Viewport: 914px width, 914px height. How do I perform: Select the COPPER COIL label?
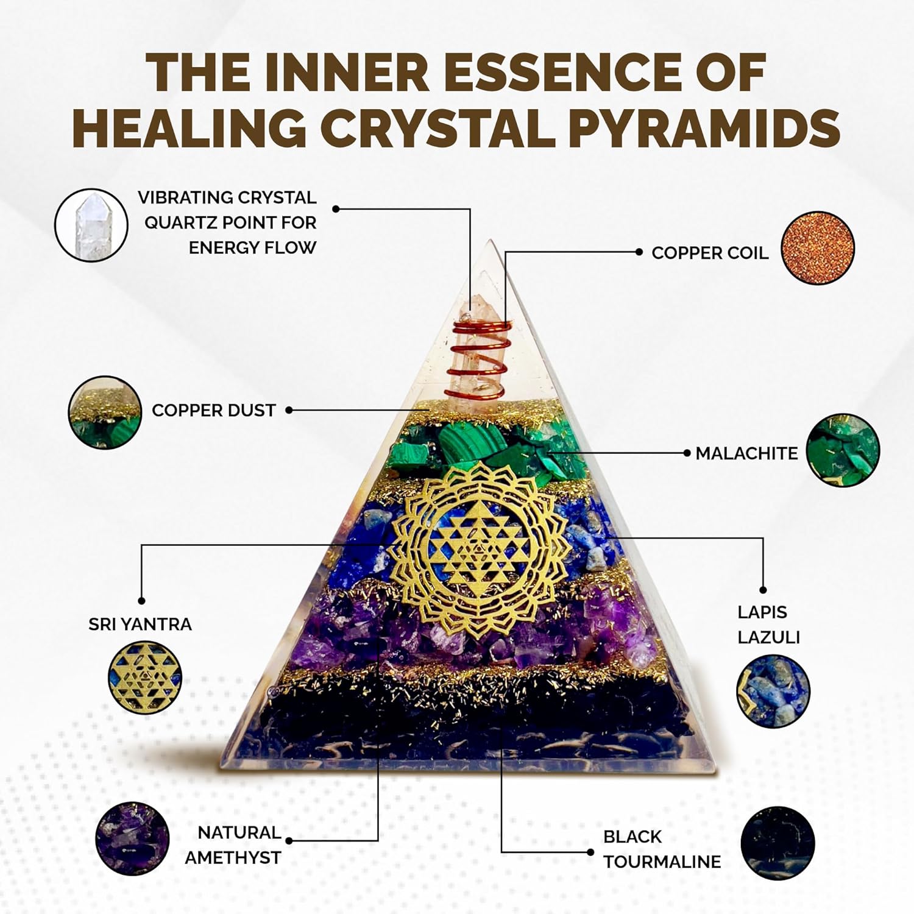pos(710,253)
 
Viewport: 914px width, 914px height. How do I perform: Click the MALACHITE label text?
pos(746,453)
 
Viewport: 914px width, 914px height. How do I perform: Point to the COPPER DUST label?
pos(214,410)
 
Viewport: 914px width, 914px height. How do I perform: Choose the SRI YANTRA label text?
pos(140,624)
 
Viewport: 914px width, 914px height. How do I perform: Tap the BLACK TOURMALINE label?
pos(662,849)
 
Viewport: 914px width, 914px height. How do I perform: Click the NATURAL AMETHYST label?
pos(233,845)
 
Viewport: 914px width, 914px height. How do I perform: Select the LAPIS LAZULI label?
pos(768,625)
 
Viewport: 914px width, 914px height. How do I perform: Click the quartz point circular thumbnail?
pos(91,225)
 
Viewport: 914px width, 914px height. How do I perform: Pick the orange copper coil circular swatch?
pos(818,249)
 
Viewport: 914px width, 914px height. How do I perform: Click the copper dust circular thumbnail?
pos(105,413)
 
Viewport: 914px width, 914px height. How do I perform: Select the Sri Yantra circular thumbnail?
pos(145,678)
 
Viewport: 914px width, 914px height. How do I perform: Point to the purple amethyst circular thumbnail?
pos(133,839)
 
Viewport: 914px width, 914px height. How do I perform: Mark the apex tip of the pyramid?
pos(489,239)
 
